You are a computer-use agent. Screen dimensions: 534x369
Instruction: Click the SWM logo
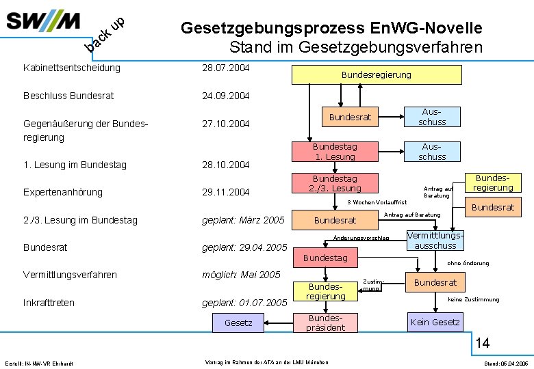click(44, 21)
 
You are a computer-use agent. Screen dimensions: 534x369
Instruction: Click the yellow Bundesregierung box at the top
click(376, 74)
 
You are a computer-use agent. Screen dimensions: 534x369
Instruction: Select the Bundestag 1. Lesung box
click(335, 152)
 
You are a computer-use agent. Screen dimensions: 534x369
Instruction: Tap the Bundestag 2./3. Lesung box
click(335, 183)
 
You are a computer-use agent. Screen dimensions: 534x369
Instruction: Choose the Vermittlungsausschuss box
click(435, 240)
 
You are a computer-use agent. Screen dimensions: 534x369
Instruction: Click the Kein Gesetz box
click(435, 322)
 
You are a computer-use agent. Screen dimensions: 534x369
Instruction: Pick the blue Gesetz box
click(238, 323)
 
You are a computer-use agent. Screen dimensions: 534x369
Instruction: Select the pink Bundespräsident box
click(326, 323)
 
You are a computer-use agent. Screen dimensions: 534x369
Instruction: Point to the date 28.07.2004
click(226, 68)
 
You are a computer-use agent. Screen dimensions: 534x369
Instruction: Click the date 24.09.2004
click(226, 96)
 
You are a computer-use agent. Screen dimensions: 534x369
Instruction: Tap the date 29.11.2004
click(226, 192)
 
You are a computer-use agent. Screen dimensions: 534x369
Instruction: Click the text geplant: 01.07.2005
click(244, 303)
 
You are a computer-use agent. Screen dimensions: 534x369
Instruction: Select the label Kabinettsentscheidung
click(71, 68)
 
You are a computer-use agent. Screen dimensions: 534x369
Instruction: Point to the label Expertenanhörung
click(62, 192)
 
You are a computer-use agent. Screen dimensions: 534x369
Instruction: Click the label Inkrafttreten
click(49, 303)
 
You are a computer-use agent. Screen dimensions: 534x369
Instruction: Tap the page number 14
click(483, 342)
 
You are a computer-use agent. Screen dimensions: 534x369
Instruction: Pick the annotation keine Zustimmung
click(473, 299)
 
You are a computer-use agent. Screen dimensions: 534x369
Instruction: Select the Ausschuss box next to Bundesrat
click(432, 117)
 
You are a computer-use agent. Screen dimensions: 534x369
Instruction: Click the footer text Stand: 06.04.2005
click(505, 363)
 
